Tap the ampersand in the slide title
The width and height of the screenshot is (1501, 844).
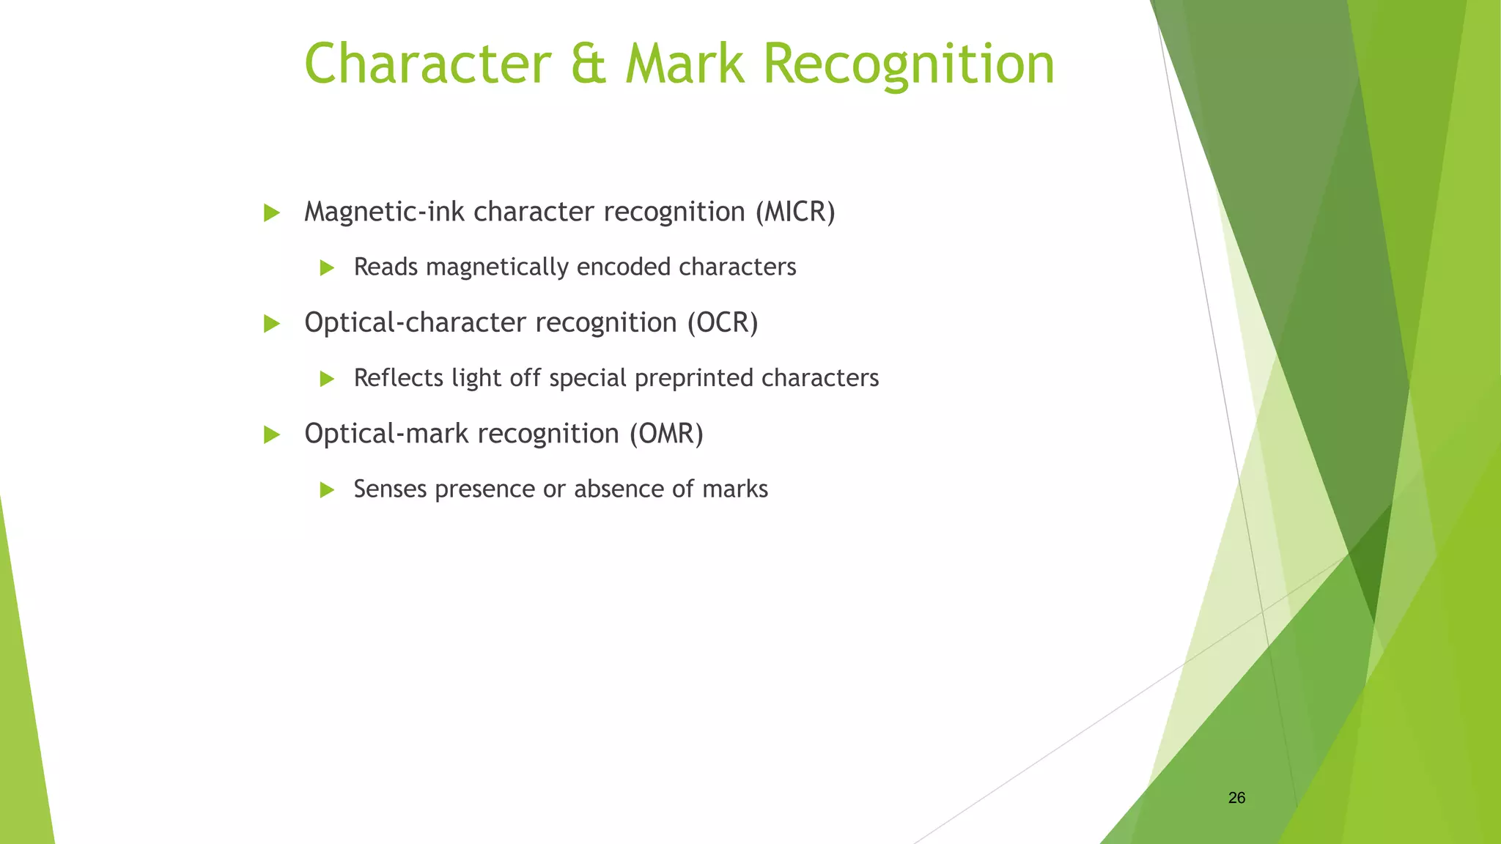click(x=587, y=64)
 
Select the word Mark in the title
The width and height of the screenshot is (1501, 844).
click(x=685, y=64)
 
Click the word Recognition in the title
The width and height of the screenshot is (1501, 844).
click(x=908, y=64)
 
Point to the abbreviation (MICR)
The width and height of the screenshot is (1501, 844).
click(x=796, y=212)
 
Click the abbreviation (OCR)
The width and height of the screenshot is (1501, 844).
click(x=722, y=323)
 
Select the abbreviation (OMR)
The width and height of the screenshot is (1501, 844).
click(x=666, y=434)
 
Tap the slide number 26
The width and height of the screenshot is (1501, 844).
click(x=1236, y=798)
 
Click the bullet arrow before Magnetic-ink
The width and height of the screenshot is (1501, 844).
click(x=272, y=213)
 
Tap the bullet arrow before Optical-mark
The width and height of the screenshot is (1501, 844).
click(x=272, y=435)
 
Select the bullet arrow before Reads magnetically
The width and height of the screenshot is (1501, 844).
click(x=327, y=268)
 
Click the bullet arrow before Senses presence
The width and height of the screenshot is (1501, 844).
click(x=327, y=490)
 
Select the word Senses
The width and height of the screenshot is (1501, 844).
click(x=391, y=489)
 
